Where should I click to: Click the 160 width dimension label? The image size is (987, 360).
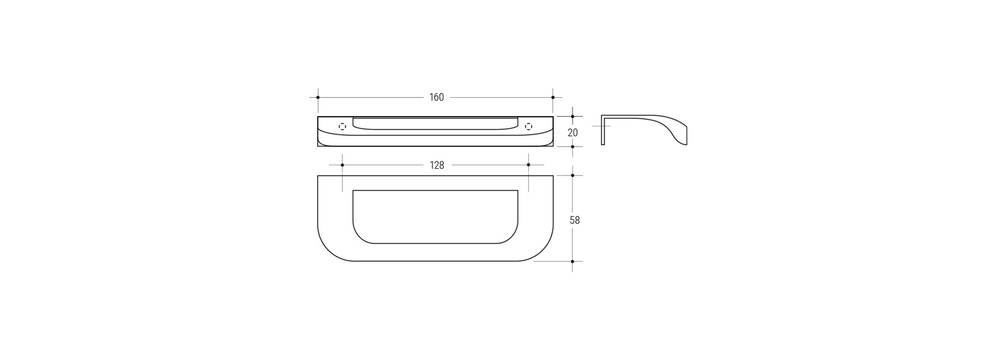point(436,97)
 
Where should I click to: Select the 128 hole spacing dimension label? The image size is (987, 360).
point(437,165)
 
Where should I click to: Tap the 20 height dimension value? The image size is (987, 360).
point(573,132)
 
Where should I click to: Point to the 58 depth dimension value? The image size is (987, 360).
point(575,220)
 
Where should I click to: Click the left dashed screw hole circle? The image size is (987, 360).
point(342,127)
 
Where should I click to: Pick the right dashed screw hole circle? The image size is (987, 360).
point(528,127)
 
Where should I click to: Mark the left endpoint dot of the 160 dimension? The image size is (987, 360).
point(318,97)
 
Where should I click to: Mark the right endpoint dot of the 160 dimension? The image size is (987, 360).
point(553,97)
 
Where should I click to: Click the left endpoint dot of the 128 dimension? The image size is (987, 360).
point(342,165)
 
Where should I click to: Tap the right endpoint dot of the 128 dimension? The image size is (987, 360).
point(528,165)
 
